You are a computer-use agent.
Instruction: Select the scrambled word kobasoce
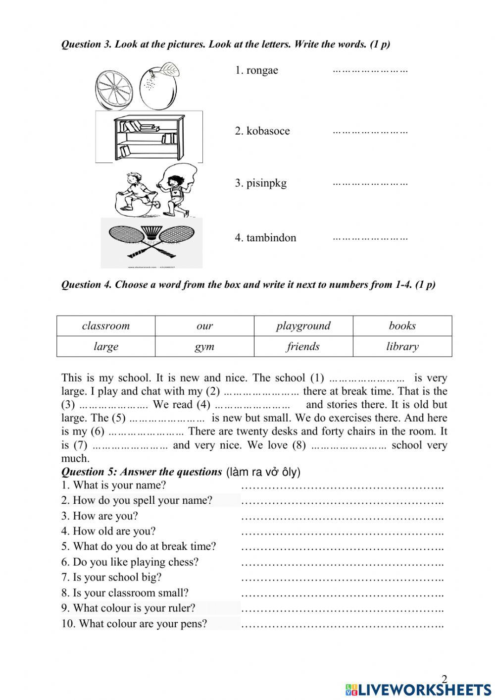[268, 131]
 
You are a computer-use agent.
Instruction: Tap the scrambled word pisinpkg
[266, 183]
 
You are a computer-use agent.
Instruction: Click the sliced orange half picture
[114, 90]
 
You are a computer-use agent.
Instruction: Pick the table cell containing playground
[303, 326]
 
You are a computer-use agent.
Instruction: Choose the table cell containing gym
[204, 347]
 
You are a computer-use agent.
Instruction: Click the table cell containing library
[402, 347]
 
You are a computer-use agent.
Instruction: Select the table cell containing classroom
[106, 326]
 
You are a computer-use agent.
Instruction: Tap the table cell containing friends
[303, 347]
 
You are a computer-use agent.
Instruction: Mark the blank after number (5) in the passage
[167, 418]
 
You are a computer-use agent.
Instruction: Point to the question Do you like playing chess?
[135, 562]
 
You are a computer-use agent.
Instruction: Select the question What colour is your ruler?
[134, 608]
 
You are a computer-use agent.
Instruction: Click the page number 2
[444, 679]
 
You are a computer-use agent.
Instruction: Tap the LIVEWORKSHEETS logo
[418, 690]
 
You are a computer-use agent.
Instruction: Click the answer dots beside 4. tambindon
[370, 238]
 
